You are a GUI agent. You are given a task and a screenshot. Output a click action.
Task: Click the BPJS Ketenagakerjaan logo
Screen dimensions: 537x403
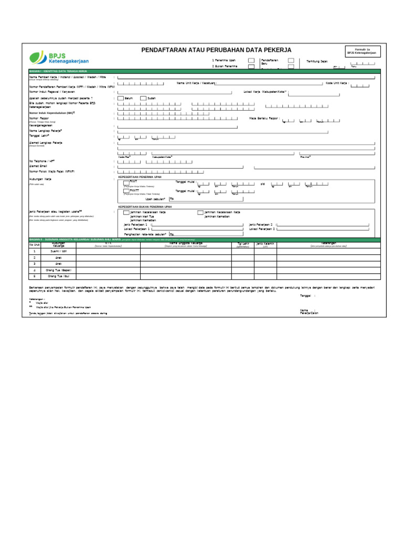tap(59, 57)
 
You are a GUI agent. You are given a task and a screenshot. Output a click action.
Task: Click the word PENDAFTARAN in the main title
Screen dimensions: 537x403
tap(166, 50)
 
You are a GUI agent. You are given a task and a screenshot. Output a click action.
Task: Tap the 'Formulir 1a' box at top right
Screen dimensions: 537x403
tap(362, 51)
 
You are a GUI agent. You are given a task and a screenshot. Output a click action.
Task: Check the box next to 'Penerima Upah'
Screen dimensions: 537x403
tap(251, 60)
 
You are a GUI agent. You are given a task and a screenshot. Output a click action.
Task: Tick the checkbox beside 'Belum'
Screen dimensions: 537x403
tap(121, 98)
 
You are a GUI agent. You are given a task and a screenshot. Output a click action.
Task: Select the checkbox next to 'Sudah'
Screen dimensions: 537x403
tap(144, 98)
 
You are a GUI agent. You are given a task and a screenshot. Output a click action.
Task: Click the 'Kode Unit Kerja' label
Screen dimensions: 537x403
tap(337, 83)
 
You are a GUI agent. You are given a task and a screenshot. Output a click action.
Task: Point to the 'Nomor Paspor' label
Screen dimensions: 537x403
tap(39, 119)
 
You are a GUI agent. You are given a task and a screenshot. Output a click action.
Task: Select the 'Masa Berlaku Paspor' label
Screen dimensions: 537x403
tap(264, 119)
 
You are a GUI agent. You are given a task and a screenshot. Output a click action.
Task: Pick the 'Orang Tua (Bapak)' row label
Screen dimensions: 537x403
tap(58, 270)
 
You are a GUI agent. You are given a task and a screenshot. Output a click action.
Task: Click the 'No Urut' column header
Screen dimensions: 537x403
tap(34, 244)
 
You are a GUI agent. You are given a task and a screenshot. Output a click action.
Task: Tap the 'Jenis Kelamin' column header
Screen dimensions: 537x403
tap(266, 244)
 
